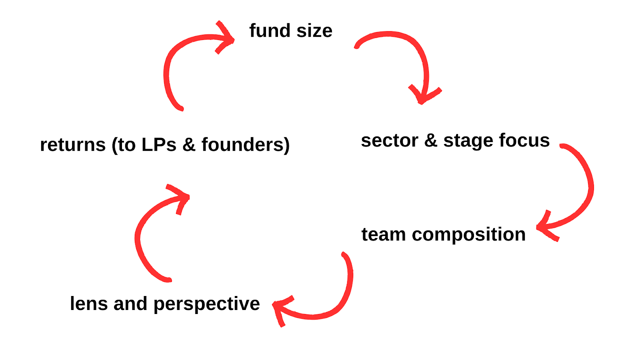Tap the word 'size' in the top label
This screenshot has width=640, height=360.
point(314,31)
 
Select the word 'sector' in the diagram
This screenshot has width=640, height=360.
point(389,140)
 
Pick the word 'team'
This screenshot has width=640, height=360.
point(383,234)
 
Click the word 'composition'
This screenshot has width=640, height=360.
point(468,235)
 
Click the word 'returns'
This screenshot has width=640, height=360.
point(73,145)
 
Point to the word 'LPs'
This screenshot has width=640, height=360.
point(159,145)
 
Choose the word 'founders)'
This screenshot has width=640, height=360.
point(245,145)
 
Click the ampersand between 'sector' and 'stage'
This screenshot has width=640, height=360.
point(431,140)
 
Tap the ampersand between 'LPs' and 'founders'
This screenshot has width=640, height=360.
point(188,145)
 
